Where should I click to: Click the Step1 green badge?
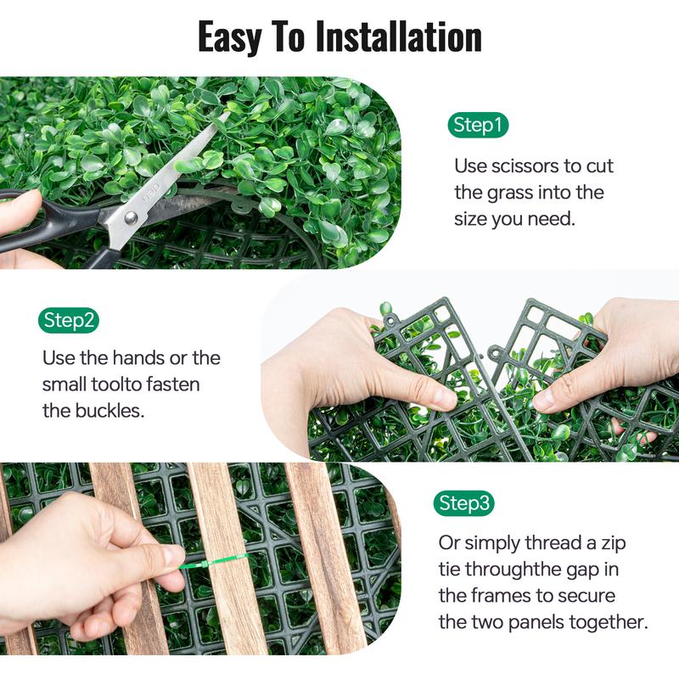(478, 125)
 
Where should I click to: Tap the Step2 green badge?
(69, 321)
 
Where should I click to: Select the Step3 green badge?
(463, 503)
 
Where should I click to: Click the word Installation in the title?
(399, 37)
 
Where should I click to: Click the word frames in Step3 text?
(501, 596)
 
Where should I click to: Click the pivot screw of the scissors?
(132, 218)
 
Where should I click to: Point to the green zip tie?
(213, 562)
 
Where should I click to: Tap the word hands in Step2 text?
(137, 357)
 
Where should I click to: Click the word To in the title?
(289, 37)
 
